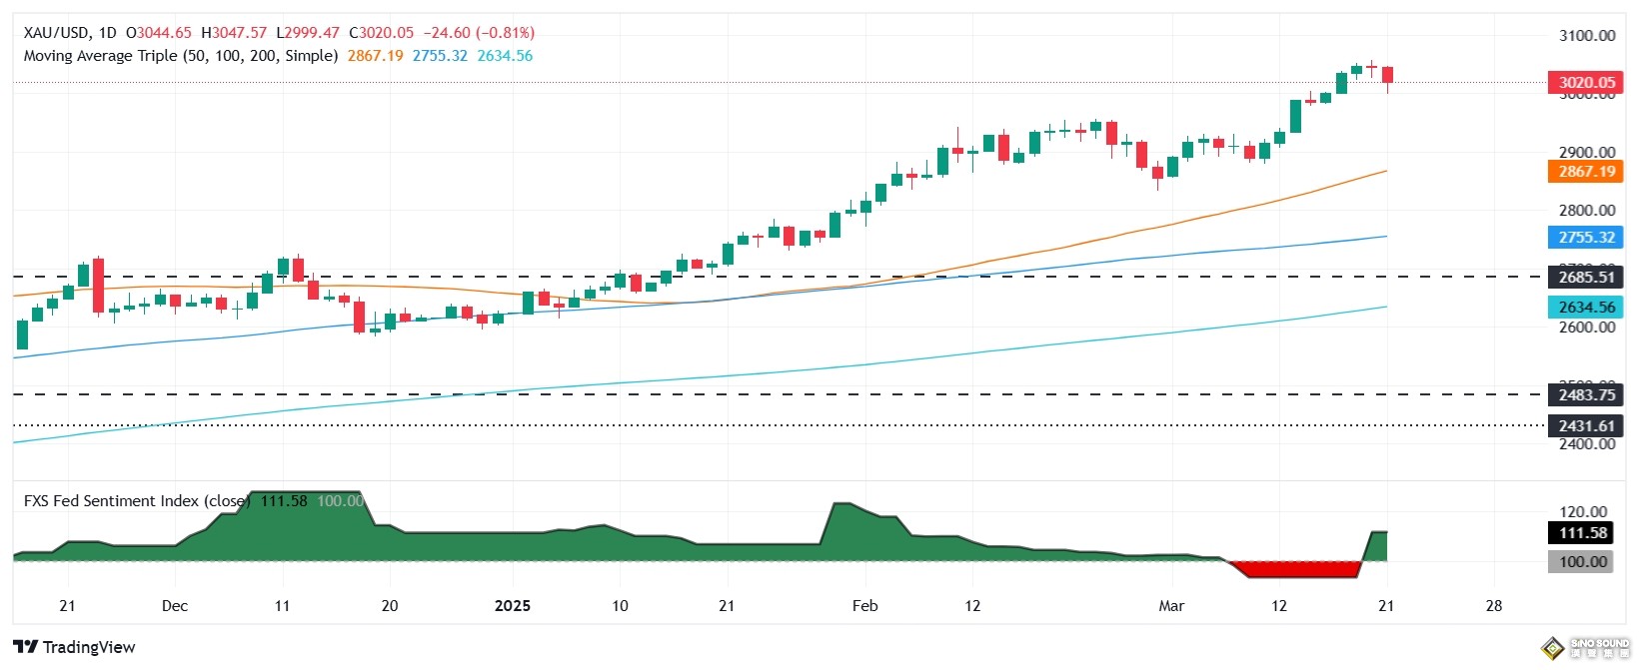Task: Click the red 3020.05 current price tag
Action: [1586, 83]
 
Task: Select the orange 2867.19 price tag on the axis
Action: [1586, 172]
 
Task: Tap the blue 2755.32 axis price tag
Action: [1586, 238]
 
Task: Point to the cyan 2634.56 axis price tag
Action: [1586, 308]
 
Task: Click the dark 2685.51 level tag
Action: [1586, 278]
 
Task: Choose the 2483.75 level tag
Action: [1586, 395]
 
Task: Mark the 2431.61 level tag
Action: [1586, 426]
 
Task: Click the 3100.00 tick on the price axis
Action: [1587, 36]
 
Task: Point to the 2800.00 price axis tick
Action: [1587, 211]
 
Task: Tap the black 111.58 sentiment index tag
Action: [1583, 533]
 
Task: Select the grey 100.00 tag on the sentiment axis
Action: [1583, 562]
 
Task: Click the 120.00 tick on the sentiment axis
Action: [1583, 512]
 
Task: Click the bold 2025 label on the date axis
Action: [513, 606]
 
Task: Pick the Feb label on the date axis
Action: [864, 606]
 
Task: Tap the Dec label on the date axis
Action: [175, 606]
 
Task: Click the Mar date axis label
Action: [1171, 606]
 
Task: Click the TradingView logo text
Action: [88, 647]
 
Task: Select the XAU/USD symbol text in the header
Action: [56, 33]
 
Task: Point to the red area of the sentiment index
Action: [1297, 569]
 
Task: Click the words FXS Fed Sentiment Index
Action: [110, 501]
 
